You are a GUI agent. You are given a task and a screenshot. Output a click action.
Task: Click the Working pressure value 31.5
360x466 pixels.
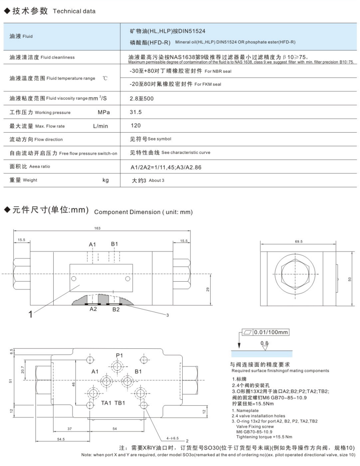136,112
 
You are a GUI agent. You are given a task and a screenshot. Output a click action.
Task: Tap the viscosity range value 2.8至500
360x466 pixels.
142,98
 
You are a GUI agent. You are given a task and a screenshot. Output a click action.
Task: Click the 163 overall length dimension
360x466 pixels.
97,228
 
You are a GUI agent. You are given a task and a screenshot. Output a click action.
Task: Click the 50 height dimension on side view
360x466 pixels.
350,279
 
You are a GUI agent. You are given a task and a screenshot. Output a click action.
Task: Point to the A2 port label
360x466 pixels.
93,309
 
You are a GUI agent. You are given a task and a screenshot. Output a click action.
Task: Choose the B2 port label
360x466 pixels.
116,309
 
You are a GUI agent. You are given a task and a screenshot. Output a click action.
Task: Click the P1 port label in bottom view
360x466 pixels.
119,355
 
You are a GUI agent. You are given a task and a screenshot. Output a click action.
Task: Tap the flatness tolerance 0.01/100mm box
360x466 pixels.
266,333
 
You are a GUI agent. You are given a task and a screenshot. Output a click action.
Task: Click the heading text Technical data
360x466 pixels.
74,11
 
